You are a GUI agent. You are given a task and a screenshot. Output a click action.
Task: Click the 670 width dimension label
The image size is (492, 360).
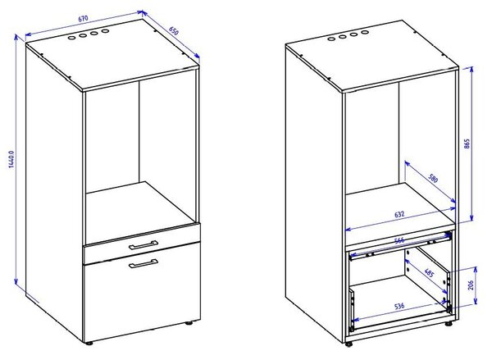tap(83, 19)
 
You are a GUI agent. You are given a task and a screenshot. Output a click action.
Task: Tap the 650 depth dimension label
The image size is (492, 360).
tap(174, 31)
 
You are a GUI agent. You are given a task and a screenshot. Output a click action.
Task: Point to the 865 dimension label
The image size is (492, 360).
tap(467, 144)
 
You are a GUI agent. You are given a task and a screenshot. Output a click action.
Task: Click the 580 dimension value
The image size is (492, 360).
tap(433, 179)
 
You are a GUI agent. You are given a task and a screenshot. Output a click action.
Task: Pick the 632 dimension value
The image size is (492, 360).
tap(399, 215)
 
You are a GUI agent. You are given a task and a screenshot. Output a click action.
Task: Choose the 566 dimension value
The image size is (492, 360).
tap(399, 241)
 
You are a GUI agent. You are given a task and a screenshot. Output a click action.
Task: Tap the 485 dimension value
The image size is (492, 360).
tap(429, 273)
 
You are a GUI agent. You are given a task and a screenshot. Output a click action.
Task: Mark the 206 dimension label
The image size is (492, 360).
tap(471, 285)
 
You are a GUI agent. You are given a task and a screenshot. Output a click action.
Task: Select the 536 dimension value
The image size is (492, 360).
tap(399, 306)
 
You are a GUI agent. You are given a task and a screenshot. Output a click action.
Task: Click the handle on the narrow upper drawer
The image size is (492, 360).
tap(143, 245)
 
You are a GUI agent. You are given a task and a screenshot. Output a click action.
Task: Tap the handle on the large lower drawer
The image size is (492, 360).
tap(143, 263)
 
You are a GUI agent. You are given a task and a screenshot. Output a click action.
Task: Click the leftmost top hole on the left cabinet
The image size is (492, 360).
tap(71, 38)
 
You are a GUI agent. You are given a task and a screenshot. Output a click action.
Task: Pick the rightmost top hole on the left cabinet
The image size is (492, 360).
tap(106, 31)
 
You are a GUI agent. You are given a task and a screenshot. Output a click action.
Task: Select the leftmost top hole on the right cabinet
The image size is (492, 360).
tap(331, 39)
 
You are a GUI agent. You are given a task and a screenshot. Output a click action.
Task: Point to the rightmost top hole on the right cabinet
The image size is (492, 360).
tap(364, 32)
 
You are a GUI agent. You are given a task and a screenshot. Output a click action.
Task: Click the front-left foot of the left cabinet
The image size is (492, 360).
tap(89, 343)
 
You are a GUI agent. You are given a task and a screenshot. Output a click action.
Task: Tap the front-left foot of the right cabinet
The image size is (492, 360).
tap(348, 344)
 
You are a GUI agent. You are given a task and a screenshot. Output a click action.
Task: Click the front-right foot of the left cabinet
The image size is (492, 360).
tap(189, 322)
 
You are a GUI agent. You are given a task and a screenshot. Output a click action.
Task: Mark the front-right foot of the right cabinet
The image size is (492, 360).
tap(449, 323)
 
